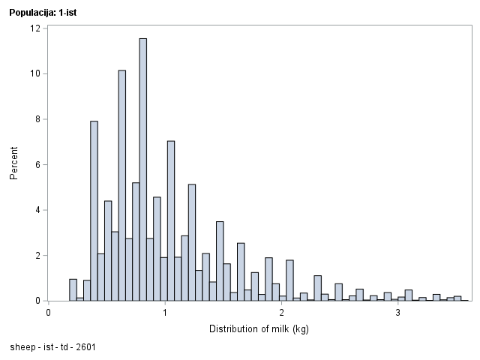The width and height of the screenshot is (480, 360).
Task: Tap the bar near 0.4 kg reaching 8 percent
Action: coord(94,211)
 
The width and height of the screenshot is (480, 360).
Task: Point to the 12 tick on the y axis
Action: coord(35,28)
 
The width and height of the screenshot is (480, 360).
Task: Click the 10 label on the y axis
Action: coord(35,73)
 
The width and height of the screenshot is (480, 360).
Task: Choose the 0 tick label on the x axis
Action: coord(48,312)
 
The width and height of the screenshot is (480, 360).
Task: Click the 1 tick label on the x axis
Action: coord(164,312)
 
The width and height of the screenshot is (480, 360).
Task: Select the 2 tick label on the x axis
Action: coord(281,312)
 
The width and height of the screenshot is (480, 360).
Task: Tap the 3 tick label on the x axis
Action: coord(397,312)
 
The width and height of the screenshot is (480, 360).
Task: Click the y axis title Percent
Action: coord(13,164)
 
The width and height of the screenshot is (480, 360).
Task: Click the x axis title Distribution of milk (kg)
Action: coord(259,328)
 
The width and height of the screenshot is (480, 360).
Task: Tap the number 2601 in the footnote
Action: coord(85,347)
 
